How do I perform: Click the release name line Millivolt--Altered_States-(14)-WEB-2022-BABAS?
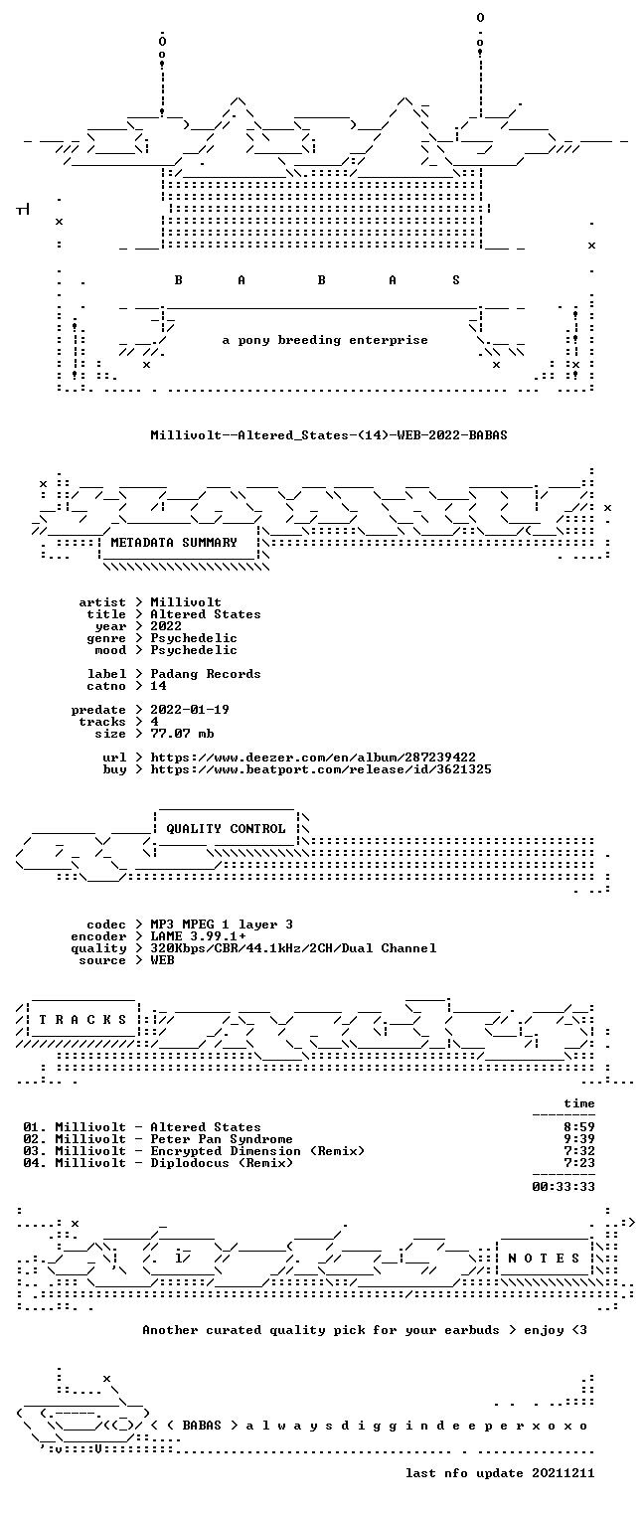click(x=329, y=435)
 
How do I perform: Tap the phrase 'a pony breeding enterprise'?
click(x=325, y=340)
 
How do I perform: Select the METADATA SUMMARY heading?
click(x=174, y=543)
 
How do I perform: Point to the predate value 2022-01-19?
click(x=190, y=710)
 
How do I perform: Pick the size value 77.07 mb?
click(x=182, y=734)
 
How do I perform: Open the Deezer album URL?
click(x=312, y=758)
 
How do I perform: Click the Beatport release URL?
click(x=321, y=769)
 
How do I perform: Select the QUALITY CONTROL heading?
click(x=226, y=829)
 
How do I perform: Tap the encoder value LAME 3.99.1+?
click(x=198, y=936)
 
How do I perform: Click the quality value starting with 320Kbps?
click(x=293, y=949)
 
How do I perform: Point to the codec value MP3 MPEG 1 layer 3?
click(x=222, y=925)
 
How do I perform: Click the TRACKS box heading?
click(x=82, y=1020)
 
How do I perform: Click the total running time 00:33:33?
click(x=563, y=1187)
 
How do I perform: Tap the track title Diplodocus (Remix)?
click(x=222, y=1163)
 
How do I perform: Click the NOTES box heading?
click(x=544, y=1259)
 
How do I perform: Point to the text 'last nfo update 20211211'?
click(x=500, y=1473)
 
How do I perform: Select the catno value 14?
click(x=158, y=686)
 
